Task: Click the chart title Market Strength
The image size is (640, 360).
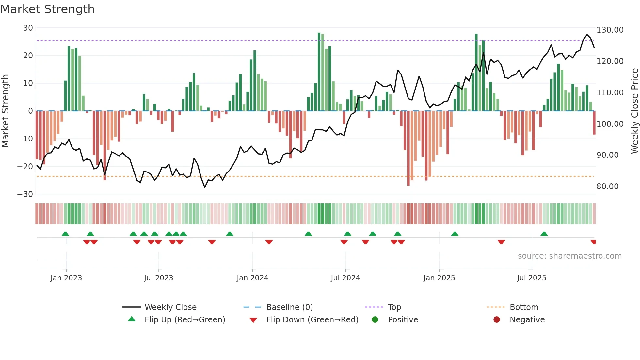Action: (47, 9)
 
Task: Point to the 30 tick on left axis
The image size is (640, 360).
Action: (28, 28)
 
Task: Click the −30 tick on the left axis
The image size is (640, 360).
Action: (25, 194)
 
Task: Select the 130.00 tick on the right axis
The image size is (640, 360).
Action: (610, 30)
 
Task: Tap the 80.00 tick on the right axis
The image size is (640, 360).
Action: (607, 187)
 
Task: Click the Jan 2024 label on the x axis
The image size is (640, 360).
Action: (252, 278)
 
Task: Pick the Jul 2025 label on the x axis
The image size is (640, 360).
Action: (531, 278)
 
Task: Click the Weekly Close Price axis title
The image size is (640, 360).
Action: (634, 111)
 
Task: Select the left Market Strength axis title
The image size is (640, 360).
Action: (6, 111)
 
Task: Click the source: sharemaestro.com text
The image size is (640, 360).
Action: (569, 256)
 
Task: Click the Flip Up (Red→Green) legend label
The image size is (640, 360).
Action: (185, 320)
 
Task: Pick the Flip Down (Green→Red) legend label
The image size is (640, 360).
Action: (312, 320)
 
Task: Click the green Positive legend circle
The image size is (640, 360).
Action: (375, 320)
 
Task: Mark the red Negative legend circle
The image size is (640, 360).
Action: (497, 320)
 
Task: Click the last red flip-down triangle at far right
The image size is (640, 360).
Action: (593, 242)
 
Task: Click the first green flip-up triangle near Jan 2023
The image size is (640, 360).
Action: (65, 234)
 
